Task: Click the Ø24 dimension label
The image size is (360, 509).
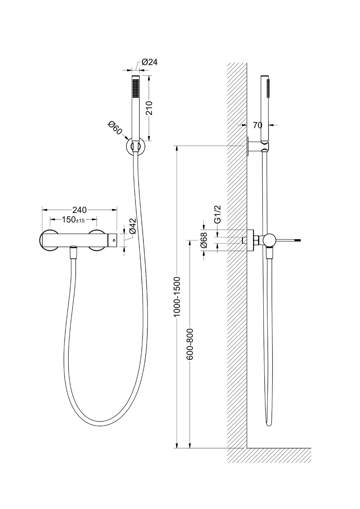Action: tap(149, 62)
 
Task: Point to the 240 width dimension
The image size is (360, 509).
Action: tap(80, 210)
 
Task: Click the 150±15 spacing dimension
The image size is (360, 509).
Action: tap(73, 220)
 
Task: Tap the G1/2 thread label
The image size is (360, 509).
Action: tap(218, 215)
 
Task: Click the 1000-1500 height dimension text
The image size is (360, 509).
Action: tap(177, 296)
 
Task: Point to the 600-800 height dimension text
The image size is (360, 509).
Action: tap(189, 344)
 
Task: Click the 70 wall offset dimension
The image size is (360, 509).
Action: tap(258, 125)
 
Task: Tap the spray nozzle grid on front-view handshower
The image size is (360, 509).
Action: tap(136, 88)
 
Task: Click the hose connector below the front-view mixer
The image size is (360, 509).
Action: tap(74, 253)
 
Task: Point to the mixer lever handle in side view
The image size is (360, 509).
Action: tap(288, 240)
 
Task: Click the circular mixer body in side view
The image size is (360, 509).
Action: tap(269, 240)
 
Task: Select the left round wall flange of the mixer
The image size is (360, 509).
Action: tap(48, 240)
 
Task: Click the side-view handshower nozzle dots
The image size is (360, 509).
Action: tap(269, 88)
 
